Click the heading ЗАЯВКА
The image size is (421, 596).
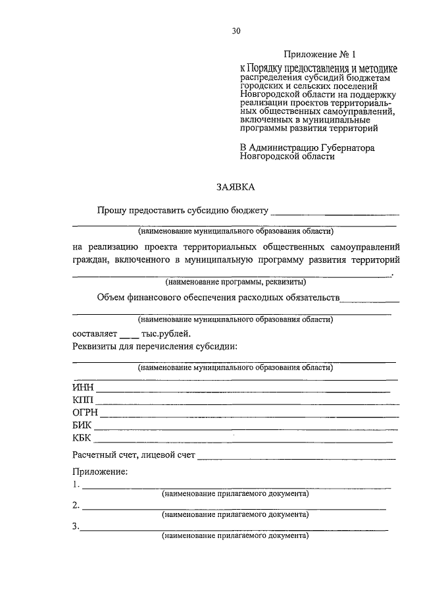tap(235, 187)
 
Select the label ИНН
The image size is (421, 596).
tap(84, 388)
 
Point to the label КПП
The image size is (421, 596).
tap(84, 400)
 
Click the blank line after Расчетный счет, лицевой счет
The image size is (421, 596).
tap(296, 456)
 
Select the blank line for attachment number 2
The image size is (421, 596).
tap(234, 508)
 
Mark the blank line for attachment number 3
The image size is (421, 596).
tap(234, 529)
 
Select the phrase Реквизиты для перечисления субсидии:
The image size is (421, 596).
tap(155, 347)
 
